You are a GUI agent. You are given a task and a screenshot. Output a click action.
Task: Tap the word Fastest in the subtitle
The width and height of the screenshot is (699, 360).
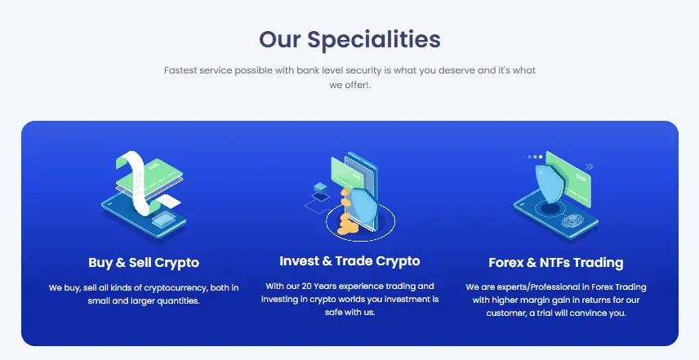coord(182,71)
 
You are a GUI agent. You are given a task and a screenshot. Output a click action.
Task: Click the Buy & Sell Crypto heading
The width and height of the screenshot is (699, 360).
coord(144,263)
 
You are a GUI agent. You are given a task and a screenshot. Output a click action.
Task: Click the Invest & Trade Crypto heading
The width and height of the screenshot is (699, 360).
coord(349,261)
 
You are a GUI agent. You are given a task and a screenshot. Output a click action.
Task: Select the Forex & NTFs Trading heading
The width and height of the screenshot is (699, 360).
coord(556,263)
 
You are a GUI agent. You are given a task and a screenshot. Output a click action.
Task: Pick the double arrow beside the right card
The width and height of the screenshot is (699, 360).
coord(589,167)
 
